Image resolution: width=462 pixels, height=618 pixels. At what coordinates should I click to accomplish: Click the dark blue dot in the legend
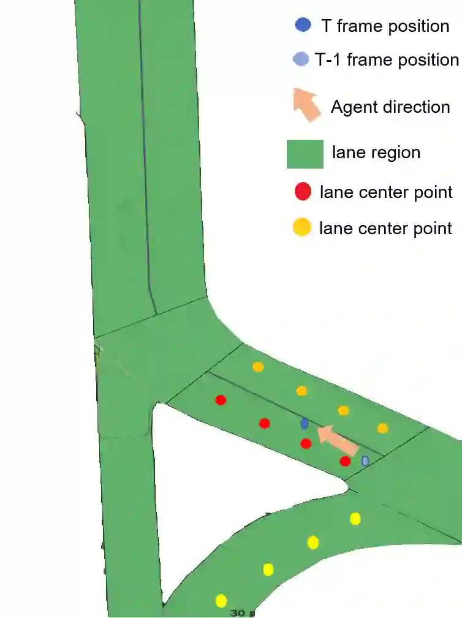point(303,25)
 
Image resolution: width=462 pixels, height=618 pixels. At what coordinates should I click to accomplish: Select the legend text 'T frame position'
point(385,26)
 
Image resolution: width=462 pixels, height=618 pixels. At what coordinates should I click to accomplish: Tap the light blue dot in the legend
point(301,59)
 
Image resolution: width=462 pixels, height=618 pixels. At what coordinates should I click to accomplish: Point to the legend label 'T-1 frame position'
point(387,59)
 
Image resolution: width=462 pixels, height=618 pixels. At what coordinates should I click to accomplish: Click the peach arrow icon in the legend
point(307,105)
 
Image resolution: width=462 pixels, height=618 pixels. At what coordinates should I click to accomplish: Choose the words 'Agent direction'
point(390,107)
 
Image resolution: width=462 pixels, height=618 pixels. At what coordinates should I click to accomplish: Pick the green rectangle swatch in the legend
point(305,153)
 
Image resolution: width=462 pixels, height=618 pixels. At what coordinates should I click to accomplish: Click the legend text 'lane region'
point(376,152)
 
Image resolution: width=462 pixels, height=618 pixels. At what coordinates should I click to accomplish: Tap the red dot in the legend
point(303,192)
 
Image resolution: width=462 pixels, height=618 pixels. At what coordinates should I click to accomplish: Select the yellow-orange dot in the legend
point(301,228)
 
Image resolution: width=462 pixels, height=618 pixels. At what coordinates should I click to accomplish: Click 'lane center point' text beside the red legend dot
point(386,192)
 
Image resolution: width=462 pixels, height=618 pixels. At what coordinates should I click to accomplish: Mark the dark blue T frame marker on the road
point(305,423)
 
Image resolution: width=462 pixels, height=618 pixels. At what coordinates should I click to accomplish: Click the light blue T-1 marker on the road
point(365,460)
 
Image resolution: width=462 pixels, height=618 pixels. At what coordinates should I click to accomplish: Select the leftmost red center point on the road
point(221,400)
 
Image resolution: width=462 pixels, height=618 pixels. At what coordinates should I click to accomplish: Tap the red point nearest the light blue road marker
point(345,461)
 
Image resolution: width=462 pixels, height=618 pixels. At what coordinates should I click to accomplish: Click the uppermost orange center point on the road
point(258,367)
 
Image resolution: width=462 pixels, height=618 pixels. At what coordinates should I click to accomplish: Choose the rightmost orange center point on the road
point(382,428)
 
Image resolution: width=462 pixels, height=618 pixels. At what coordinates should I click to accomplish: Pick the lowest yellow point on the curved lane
point(221,600)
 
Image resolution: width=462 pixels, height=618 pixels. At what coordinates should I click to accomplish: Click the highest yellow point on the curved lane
point(355,519)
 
